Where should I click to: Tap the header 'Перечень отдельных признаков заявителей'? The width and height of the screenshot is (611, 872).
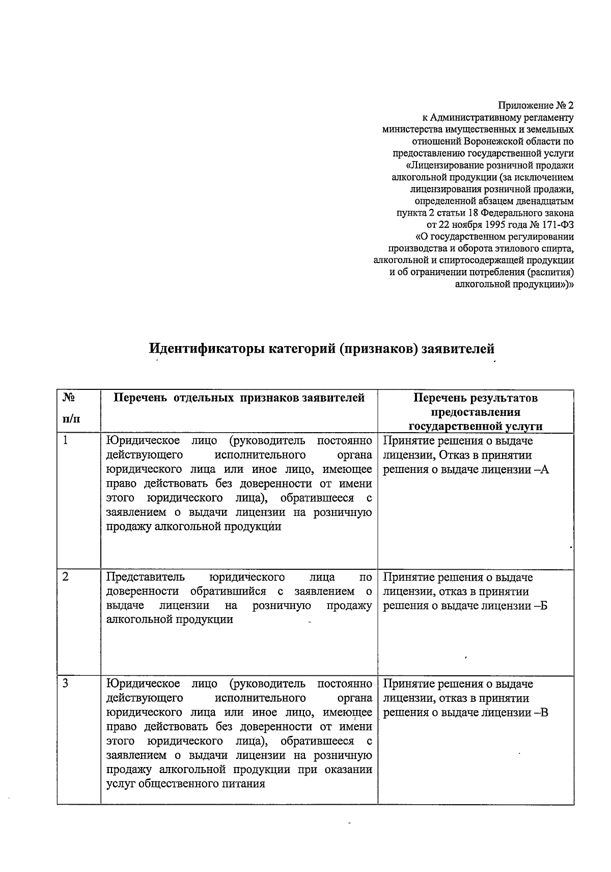point(239,398)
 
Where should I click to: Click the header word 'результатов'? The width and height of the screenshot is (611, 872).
point(504,398)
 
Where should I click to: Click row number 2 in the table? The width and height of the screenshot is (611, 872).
point(66,577)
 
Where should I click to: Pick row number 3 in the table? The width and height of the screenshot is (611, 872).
point(66,684)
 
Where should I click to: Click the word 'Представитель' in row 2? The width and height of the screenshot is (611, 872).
point(146,577)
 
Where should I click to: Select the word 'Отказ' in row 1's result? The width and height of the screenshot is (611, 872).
point(456,456)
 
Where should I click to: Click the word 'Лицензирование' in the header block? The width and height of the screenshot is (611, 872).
point(442,165)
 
